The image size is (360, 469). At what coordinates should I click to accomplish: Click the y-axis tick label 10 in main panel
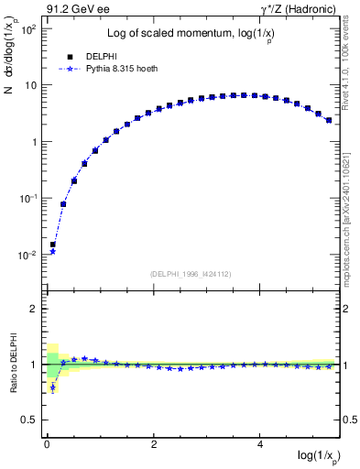click(x=30, y=86)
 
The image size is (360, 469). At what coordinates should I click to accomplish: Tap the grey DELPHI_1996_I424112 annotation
click(x=191, y=273)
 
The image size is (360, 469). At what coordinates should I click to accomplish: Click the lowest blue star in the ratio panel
click(x=53, y=387)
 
